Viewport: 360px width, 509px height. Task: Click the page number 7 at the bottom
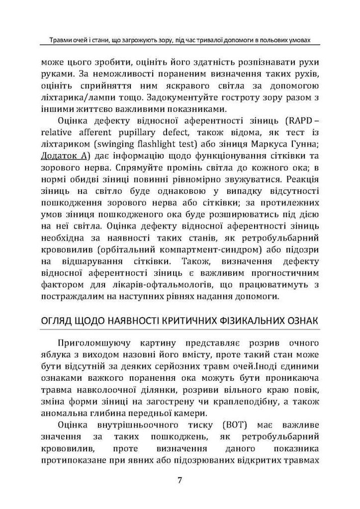click(180, 480)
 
